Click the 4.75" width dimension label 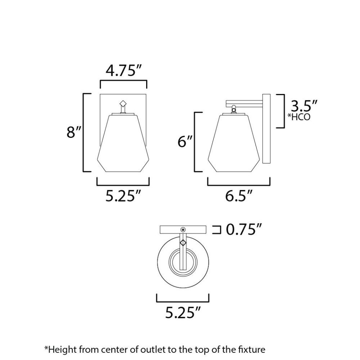124,70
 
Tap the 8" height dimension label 74,132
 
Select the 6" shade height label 185,141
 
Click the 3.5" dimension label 304,106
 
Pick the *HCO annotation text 299,117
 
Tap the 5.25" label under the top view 183,312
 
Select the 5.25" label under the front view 123,196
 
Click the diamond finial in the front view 123,103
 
